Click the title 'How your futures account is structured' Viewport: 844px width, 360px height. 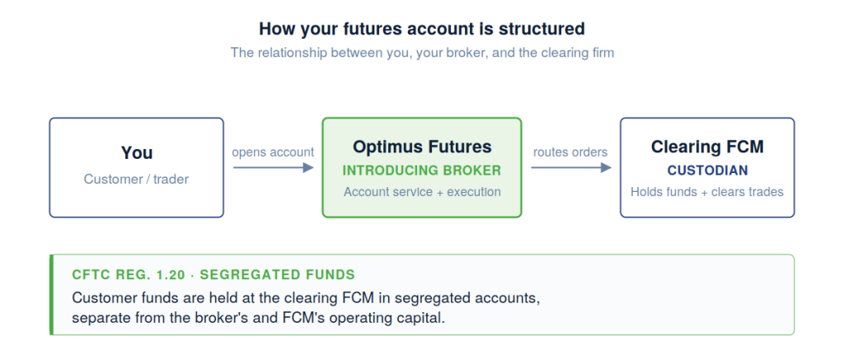[x=421, y=29]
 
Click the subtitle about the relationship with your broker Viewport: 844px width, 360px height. [x=421, y=53]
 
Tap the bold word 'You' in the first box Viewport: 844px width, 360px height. [x=137, y=152]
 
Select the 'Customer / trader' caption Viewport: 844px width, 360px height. [x=137, y=179]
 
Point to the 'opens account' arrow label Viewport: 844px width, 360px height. [x=273, y=152]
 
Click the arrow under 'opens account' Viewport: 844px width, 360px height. [x=273, y=167]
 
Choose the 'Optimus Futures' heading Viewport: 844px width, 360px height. [x=422, y=147]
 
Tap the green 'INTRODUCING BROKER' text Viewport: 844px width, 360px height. [x=422, y=171]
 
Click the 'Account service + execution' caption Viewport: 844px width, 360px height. [x=422, y=192]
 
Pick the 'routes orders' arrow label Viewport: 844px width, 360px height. [x=570, y=152]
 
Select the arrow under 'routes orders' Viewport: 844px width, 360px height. [x=570, y=167]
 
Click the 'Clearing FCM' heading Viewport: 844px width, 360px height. [x=707, y=147]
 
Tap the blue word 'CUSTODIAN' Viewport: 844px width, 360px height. [x=707, y=171]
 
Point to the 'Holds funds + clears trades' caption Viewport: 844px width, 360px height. [x=707, y=192]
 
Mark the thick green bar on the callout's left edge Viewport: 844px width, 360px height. [x=52, y=294]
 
